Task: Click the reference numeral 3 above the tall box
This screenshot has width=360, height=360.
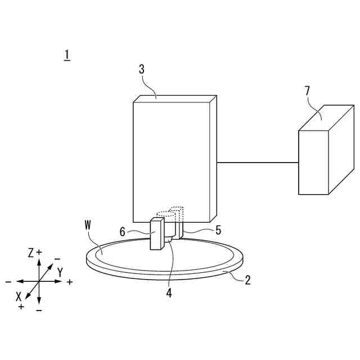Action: [141, 69]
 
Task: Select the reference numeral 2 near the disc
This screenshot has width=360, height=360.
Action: [247, 280]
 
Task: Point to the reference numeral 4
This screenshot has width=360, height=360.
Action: [169, 292]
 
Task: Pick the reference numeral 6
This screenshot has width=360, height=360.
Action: [122, 231]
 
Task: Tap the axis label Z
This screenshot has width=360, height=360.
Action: [31, 253]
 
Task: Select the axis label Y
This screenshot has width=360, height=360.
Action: [60, 272]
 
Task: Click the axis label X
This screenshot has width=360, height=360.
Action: [19, 295]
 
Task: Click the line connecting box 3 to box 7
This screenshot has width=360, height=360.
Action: [257, 163]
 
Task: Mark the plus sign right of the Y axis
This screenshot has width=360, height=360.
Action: [69, 281]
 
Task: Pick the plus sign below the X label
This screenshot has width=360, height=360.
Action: [21, 306]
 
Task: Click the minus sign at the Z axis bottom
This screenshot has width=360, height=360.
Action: [39, 310]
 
